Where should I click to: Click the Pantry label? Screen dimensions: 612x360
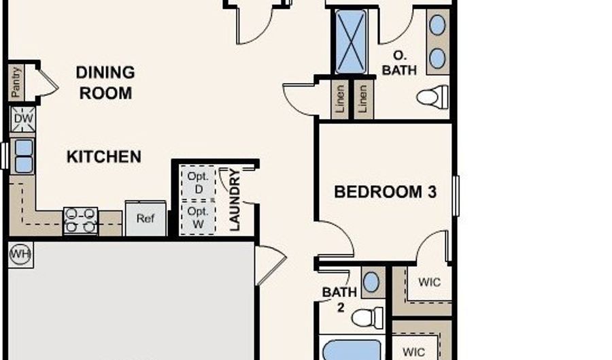click(16, 82)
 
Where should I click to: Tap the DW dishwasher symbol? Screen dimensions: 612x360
click(23, 118)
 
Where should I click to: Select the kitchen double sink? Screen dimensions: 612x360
click(23, 157)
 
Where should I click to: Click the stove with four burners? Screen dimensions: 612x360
click(80, 220)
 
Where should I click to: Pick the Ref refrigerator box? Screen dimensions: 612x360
click(146, 218)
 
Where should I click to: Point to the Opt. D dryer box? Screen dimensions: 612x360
click(199, 183)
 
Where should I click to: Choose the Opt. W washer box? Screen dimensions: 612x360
click(199, 218)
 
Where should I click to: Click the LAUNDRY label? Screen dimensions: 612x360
click(235, 199)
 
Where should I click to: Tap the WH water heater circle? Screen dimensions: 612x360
click(20, 255)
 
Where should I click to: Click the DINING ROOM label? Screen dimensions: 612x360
click(105, 83)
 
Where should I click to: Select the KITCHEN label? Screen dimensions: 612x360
click(104, 157)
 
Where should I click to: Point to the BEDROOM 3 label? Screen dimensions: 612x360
click(386, 192)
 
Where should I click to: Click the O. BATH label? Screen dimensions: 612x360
click(399, 63)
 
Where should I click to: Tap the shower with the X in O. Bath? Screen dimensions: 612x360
click(351, 42)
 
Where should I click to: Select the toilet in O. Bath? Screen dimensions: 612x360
click(432, 97)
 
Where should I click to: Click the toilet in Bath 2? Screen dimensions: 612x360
click(367, 317)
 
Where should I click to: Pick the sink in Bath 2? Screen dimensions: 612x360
click(371, 282)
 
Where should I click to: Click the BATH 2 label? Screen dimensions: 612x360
click(340, 299)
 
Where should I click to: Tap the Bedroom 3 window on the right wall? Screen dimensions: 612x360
click(456, 195)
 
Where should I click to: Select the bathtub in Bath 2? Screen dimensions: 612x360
click(352, 350)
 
